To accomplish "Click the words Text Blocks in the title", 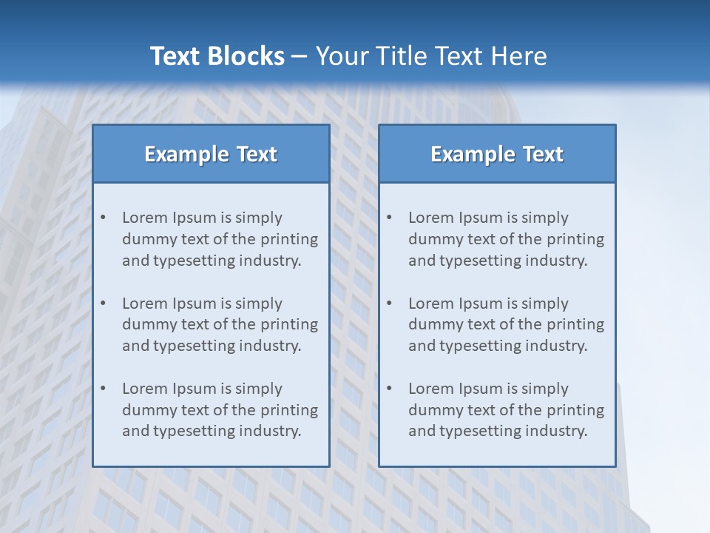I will click(x=217, y=56).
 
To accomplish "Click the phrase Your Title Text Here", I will click(x=431, y=56).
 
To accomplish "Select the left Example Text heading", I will click(x=211, y=154).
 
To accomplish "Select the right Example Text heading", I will click(x=497, y=154).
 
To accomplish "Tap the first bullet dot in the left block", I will click(x=104, y=218).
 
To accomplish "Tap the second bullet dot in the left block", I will click(x=104, y=304).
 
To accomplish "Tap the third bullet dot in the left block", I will click(x=104, y=389).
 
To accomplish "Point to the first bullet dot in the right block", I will click(x=390, y=218).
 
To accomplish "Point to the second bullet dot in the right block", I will click(x=390, y=304).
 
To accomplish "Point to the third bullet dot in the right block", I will click(x=390, y=389).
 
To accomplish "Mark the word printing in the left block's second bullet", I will click(x=289, y=324).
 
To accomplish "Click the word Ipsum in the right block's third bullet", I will click(x=482, y=389).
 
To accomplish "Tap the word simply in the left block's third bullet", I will click(x=257, y=389).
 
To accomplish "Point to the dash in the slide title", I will click(x=300, y=57).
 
